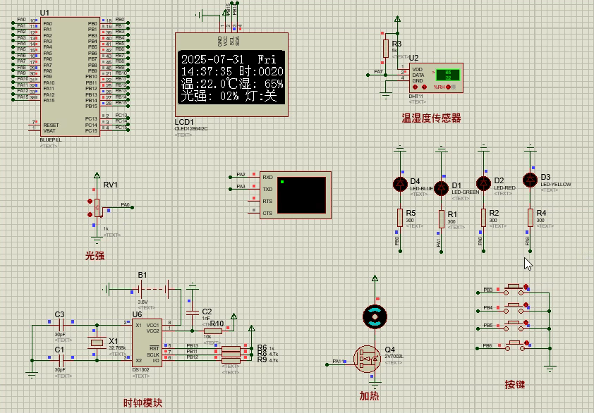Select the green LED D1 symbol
[x=441, y=187]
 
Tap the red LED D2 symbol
[x=483, y=183]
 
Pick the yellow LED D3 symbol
[x=530, y=179]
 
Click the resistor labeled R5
[x=400, y=217]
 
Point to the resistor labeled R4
[x=530, y=217]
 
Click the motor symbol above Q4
[x=375, y=317]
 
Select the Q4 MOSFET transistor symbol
[x=367, y=358]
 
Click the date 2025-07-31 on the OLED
[x=212, y=60]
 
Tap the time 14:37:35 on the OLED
[x=207, y=72]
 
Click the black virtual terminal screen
[x=301, y=195]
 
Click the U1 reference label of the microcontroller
[x=45, y=13]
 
